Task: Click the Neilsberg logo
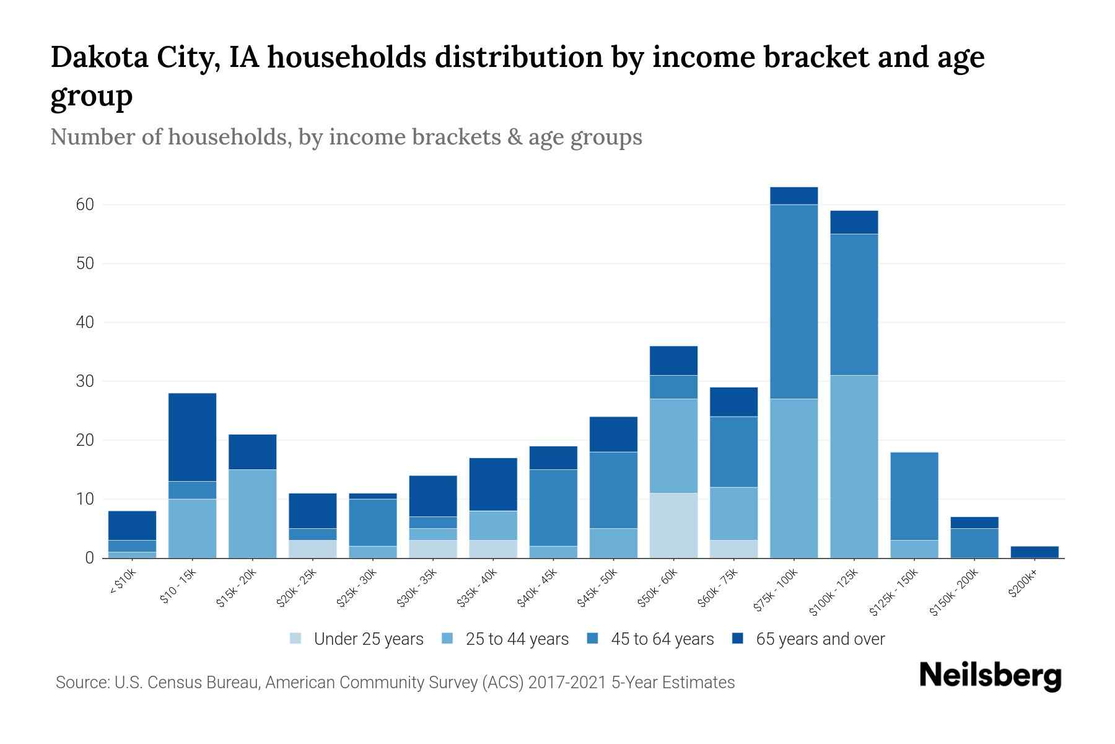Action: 990,676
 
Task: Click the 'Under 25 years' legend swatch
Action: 296,639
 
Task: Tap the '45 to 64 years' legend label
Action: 662,639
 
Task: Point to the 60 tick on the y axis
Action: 85,205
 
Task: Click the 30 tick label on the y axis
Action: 85,381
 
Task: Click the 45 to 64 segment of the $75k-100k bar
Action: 794,301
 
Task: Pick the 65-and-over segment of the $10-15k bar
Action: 192,437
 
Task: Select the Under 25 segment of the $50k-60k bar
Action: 673,525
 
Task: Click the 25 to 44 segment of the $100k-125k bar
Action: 854,466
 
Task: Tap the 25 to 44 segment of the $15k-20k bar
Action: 252,513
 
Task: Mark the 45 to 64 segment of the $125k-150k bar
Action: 914,496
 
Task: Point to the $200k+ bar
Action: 1034,552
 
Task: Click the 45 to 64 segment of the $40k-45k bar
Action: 553,508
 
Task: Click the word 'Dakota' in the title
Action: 93,57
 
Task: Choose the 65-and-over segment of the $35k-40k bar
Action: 493,484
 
